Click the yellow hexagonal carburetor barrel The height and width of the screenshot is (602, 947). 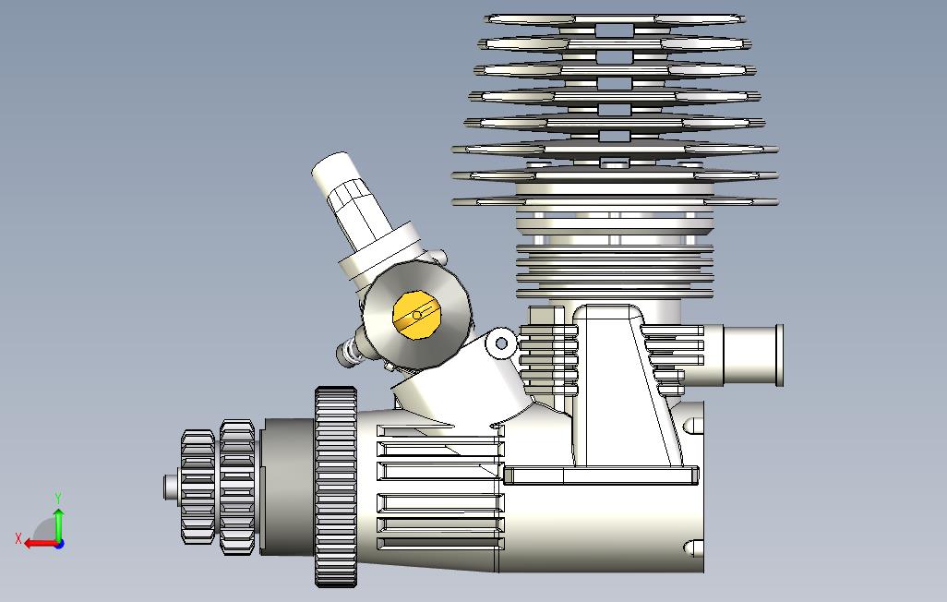[416, 315]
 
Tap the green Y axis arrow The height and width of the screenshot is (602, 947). [58, 524]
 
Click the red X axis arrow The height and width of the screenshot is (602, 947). [41, 544]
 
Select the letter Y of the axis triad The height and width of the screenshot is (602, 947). [58, 499]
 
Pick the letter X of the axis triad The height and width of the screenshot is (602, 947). [18, 538]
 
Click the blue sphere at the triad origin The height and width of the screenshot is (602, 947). [59, 544]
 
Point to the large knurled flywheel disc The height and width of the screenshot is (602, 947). [335, 487]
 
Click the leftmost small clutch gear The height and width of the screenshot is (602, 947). [198, 487]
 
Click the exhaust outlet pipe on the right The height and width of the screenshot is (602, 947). [753, 355]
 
